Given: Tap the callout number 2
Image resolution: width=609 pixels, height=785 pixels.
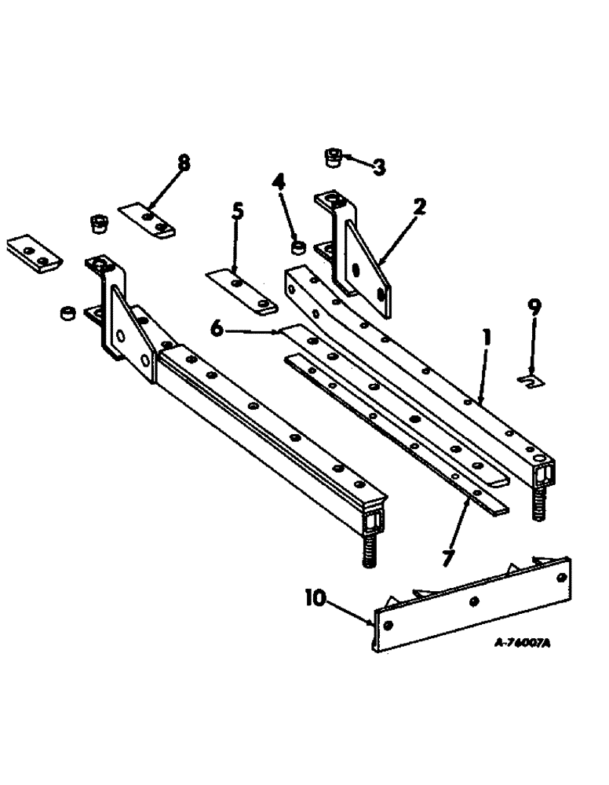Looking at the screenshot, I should click(420, 207).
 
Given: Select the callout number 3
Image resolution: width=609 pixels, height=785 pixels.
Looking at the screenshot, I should click(378, 166).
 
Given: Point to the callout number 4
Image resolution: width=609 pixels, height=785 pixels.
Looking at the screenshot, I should click(278, 184).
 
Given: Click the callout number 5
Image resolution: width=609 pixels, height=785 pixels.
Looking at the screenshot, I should click(237, 211).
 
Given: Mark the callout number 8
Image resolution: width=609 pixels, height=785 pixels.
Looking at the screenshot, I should click(183, 163).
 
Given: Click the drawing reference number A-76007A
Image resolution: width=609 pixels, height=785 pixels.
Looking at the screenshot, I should click(522, 642).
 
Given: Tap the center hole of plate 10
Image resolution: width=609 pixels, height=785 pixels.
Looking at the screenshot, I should click(474, 601).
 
